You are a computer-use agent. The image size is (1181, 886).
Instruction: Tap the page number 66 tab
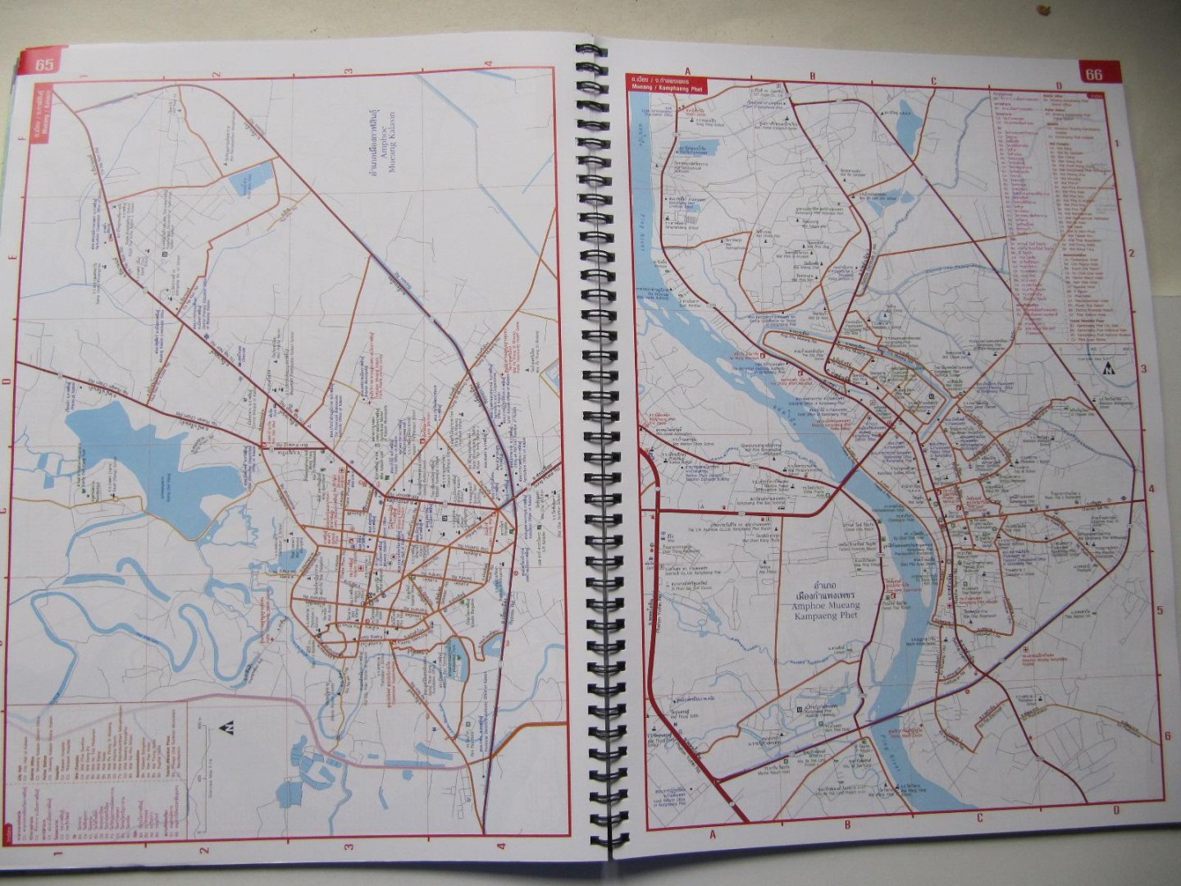click(x=1094, y=74)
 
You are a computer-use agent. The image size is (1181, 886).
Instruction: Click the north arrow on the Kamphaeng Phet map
click(x=1112, y=368)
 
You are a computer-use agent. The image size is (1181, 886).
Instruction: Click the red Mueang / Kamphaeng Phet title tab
click(x=668, y=81)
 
